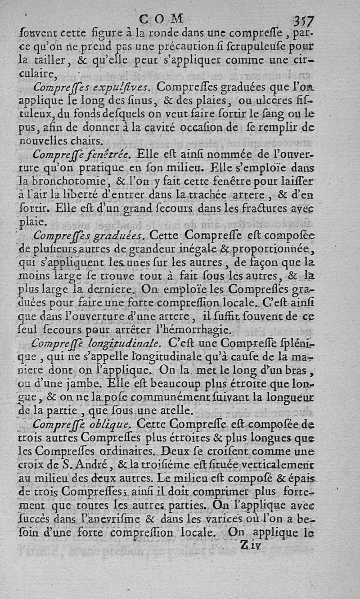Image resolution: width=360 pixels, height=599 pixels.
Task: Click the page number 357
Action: point(304,20)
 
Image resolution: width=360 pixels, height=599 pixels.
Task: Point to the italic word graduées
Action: point(119,235)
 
